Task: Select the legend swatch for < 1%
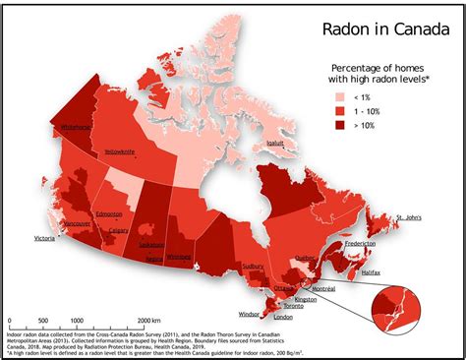coord(340,98)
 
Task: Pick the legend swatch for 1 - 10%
coord(340,114)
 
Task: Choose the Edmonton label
coord(109,213)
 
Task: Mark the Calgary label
coord(119,231)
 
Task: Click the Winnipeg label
coord(179,257)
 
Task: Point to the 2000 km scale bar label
coord(148,321)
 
